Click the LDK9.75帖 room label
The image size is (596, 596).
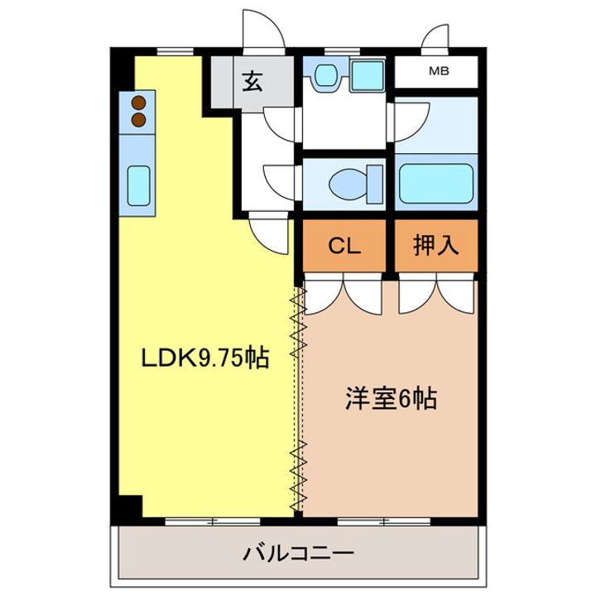[x=205, y=358]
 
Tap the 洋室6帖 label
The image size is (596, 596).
[x=391, y=398]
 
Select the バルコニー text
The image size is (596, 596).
[x=298, y=554]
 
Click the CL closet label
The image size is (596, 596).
[x=344, y=246]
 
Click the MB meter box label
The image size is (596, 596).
[x=439, y=70]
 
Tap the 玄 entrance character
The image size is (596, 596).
[x=252, y=81]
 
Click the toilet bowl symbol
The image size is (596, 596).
[x=348, y=184]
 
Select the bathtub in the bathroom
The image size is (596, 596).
[x=436, y=183]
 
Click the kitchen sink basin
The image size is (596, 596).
[x=138, y=186]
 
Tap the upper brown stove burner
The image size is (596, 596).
[x=139, y=103]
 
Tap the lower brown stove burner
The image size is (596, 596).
[x=139, y=120]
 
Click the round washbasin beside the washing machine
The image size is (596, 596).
[x=325, y=74]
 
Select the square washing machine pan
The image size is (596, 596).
[x=367, y=75]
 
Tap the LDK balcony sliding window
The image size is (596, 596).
[x=213, y=521]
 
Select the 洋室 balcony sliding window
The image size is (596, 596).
[x=384, y=521]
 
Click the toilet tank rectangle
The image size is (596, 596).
[x=375, y=185]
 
